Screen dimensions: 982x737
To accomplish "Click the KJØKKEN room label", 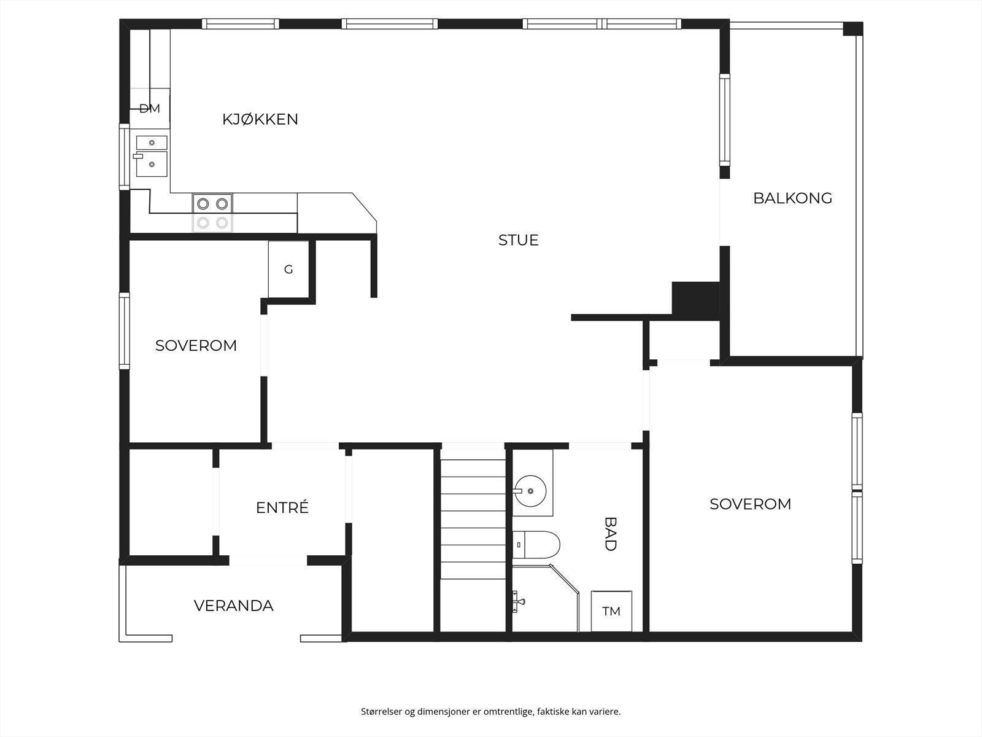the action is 260,119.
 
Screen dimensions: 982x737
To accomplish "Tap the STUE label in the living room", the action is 518,240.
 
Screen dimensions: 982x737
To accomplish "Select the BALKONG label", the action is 792,198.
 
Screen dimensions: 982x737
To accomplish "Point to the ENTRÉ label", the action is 282,507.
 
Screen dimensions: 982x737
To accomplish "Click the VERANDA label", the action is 234,606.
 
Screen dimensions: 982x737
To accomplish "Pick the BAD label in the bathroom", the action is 610,534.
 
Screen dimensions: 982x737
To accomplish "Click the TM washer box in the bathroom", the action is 611,611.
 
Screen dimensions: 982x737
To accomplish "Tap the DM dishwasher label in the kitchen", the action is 149,108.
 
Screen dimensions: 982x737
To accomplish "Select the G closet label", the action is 288,270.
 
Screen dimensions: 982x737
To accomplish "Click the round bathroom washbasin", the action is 530,491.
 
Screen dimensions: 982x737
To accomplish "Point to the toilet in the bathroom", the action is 536,545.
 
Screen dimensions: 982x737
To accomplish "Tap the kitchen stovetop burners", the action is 212,213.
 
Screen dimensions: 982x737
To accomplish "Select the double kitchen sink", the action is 152,156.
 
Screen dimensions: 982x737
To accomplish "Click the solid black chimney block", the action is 695,300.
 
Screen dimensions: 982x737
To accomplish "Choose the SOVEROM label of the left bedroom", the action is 196,345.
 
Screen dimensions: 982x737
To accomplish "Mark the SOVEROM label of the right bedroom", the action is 750,504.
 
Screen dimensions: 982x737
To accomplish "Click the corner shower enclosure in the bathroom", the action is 546,598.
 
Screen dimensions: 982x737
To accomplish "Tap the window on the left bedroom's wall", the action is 124,331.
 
